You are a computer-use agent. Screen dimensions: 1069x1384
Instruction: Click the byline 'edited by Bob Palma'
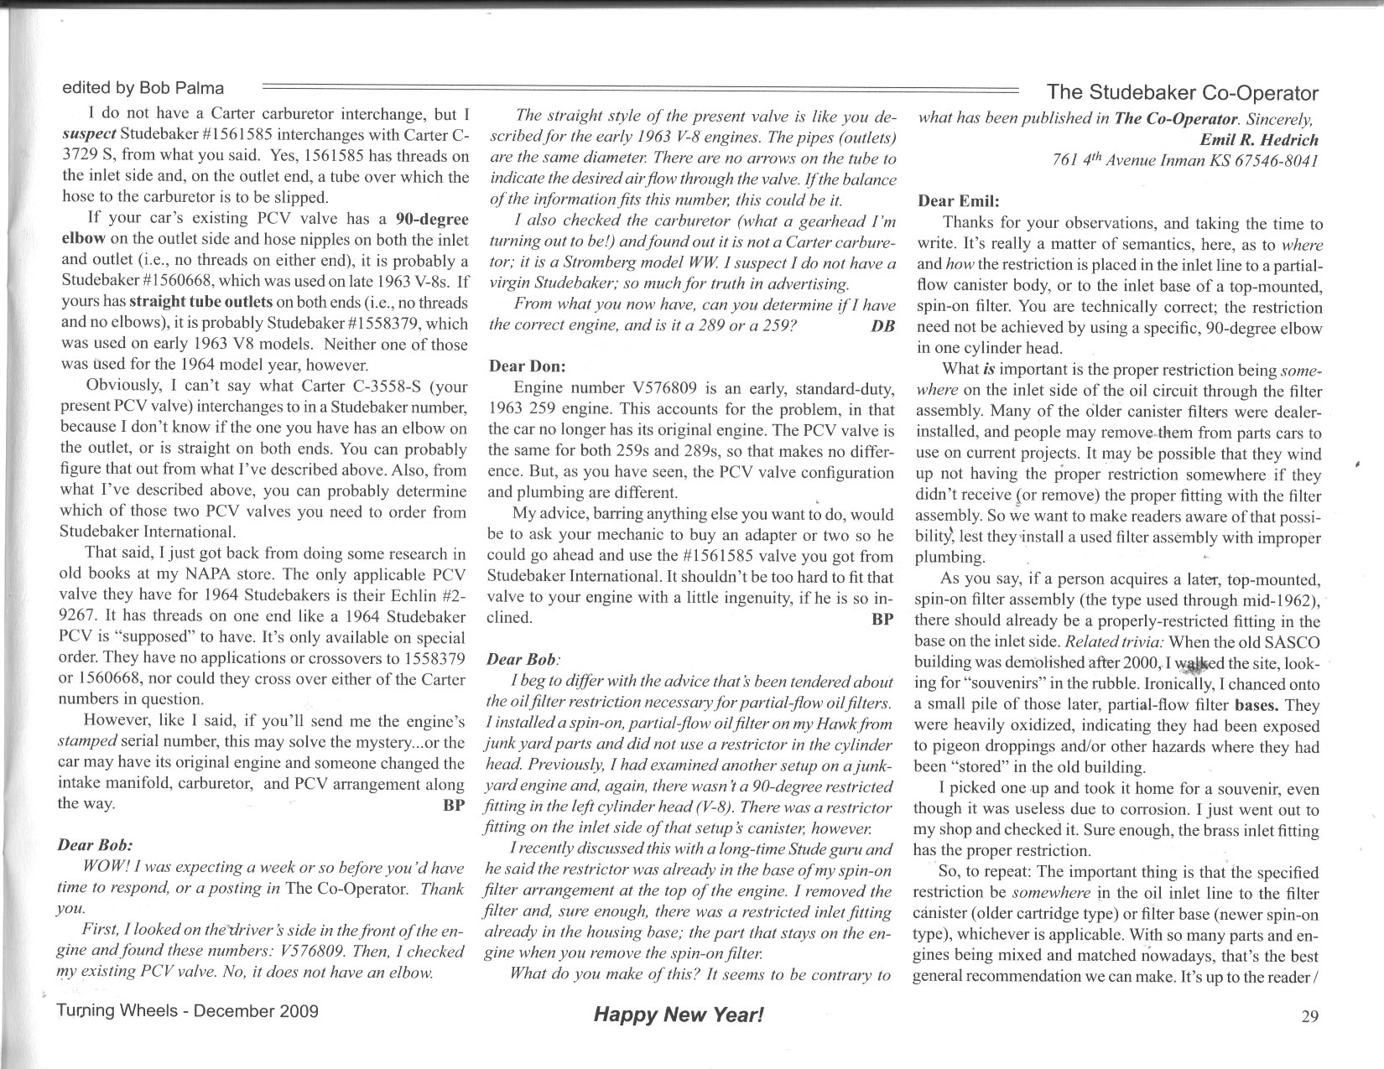coord(143,88)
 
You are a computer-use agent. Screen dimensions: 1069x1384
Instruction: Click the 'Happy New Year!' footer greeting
coord(679,1015)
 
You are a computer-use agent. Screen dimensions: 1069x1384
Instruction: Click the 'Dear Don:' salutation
coord(527,366)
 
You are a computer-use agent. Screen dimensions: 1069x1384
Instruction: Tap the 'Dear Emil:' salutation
coord(959,201)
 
